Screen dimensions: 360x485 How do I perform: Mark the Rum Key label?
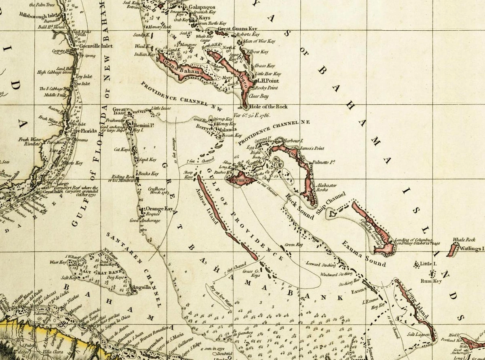(431, 281)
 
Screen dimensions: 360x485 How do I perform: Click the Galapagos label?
(202, 7)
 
